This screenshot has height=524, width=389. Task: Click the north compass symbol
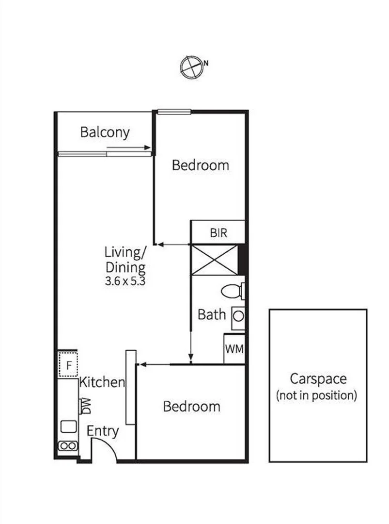pyautogui.click(x=191, y=67)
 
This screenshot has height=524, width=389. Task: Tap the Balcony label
pyautogui.click(x=105, y=132)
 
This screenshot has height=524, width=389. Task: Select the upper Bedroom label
pyautogui.click(x=201, y=165)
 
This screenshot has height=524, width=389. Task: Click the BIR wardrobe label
pyautogui.click(x=218, y=233)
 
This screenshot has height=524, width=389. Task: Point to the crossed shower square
pyautogui.click(x=215, y=260)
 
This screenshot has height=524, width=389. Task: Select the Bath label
pyautogui.click(x=212, y=314)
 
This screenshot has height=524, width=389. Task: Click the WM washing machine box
pyautogui.click(x=234, y=349)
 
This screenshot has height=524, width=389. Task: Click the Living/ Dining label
pyautogui.click(x=125, y=260)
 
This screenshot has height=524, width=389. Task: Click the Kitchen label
pyautogui.click(x=102, y=382)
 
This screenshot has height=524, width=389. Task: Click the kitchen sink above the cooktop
pyautogui.click(x=68, y=426)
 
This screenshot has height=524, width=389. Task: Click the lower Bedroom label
pyautogui.click(x=191, y=406)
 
